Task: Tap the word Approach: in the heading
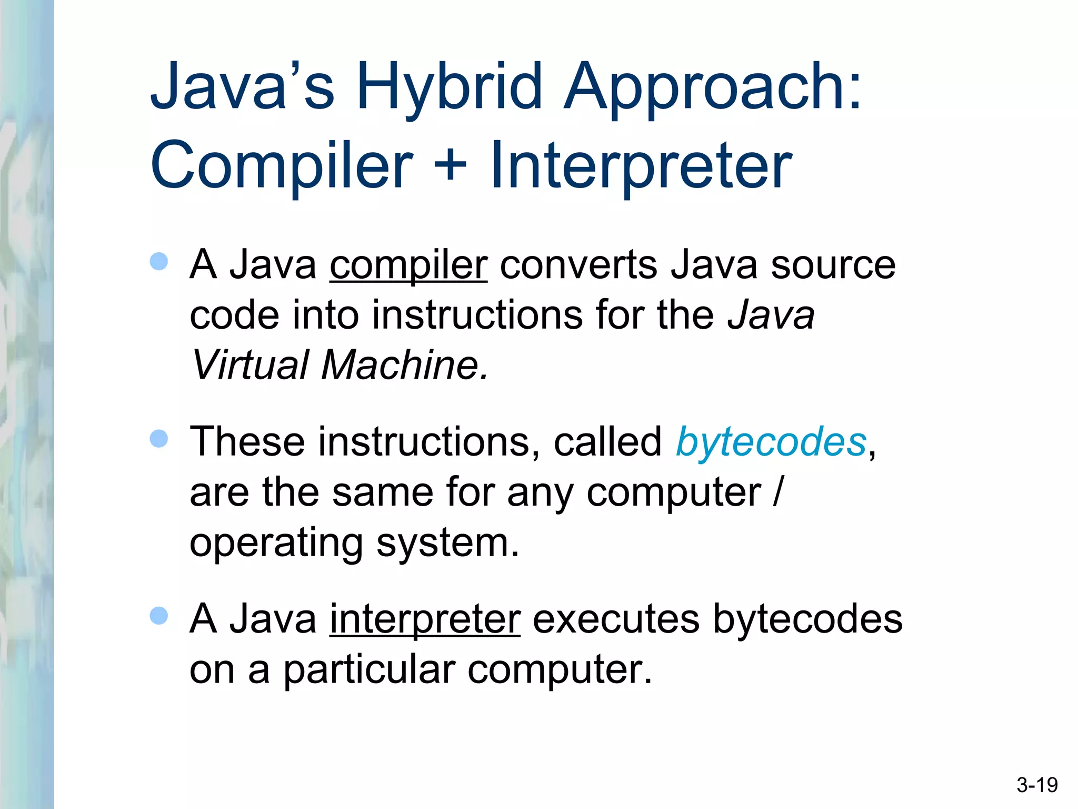tap(713, 87)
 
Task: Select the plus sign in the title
tap(451, 164)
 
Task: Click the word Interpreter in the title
tap(641, 165)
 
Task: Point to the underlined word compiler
tap(408, 265)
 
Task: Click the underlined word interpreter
tap(425, 619)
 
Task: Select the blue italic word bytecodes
tap(771, 442)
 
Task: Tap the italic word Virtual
tap(249, 364)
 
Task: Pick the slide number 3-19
tap(1037, 785)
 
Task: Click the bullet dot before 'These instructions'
tap(158, 438)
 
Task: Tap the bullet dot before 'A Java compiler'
tap(158, 261)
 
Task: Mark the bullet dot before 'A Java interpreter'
tap(158, 615)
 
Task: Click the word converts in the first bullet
tap(578, 265)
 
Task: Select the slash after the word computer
tap(777, 492)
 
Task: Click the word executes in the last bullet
tap(616, 619)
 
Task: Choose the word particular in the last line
tap(369, 670)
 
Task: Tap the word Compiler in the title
tap(282, 165)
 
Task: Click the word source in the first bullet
tap(833, 265)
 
